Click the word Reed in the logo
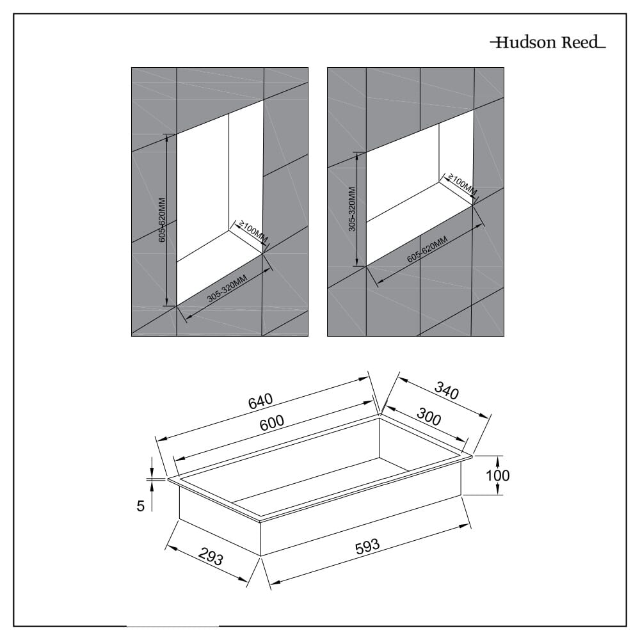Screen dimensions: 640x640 pos(580,43)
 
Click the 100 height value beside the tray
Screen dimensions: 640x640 pos(497,476)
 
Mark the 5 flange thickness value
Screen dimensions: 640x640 pos(140,506)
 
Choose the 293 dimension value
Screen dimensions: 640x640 pos(210,557)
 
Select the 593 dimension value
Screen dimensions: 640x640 pos(367,547)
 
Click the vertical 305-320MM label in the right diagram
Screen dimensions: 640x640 pos(352,209)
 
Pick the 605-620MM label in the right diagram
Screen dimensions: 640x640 pos(427,250)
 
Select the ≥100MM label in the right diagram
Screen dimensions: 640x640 pos(462,184)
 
